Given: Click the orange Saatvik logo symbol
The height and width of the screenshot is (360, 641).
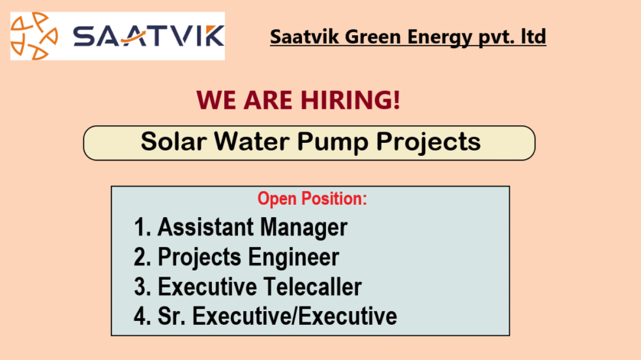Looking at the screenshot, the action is coord(34,36).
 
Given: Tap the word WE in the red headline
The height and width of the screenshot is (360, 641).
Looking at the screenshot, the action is coord(216,100).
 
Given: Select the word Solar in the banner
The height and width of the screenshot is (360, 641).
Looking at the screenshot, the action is coord(174,142).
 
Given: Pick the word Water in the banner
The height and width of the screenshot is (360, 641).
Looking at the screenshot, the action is coord(252,142).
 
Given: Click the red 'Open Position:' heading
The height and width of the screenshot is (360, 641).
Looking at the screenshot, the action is coord(312,199).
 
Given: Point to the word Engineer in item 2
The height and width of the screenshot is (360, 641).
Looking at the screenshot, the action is coord(294,258).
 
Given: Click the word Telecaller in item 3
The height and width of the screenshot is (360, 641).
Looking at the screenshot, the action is coord(312,287).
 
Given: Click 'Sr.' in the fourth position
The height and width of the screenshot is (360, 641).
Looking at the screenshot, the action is coord(171,316).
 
